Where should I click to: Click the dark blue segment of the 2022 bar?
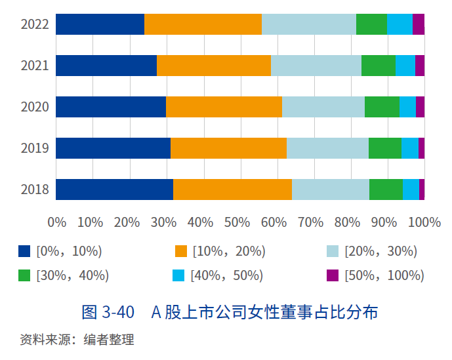(100, 24)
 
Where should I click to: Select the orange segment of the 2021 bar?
(214, 66)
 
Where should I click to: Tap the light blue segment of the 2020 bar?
(323, 107)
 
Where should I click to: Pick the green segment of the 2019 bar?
(384, 148)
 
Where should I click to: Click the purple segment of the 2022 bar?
(419, 24)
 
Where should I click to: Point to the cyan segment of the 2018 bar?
(411, 190)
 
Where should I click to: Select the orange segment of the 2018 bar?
(232, 190)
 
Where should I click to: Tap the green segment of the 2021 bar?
(378, 66)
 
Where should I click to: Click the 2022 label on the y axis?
(35, 25)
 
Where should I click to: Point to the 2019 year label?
(35, 148)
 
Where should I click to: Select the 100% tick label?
(424, 222)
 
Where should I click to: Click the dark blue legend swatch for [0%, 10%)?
(24, 251)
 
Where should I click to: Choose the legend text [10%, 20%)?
(229, 251)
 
